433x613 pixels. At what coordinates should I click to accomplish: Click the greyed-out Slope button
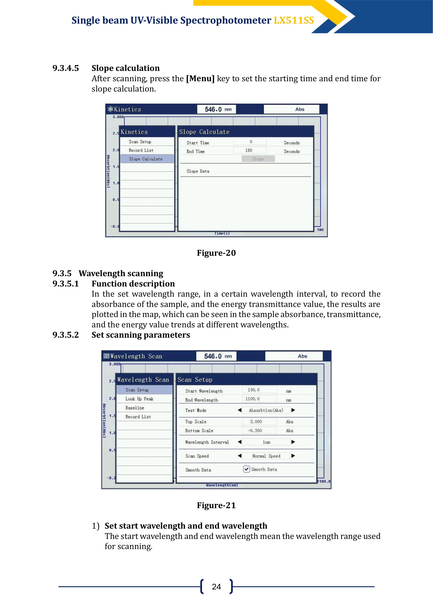258,159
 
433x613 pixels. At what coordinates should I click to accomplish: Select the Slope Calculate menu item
146,159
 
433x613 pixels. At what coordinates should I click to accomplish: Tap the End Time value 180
249,150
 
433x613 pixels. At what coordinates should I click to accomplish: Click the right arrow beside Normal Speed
293,456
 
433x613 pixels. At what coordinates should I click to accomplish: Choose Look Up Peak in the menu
139,399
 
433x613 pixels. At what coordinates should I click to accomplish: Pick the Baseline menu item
135,408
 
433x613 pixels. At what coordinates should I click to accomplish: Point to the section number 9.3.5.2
66,335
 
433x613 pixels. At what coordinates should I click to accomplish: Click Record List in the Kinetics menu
141,150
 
